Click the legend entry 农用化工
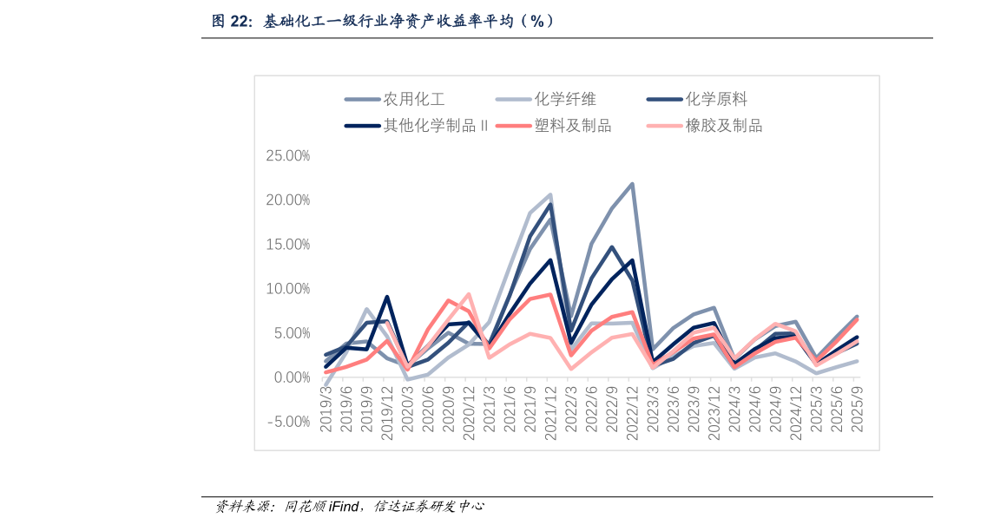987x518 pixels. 414,100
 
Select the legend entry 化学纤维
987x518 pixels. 565,100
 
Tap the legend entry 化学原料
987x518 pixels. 716,100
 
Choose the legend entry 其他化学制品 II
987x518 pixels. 435,126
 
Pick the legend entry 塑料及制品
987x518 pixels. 573,126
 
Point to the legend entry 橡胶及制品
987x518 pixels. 724,126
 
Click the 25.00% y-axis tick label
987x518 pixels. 287,156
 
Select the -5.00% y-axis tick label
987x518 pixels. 289,422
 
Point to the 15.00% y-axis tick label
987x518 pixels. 287,245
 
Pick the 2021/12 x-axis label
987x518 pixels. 549,412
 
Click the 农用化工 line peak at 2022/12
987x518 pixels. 632,184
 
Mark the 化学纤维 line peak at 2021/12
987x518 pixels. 550,195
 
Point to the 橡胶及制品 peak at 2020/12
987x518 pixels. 469,294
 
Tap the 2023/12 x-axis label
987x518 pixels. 713,412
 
